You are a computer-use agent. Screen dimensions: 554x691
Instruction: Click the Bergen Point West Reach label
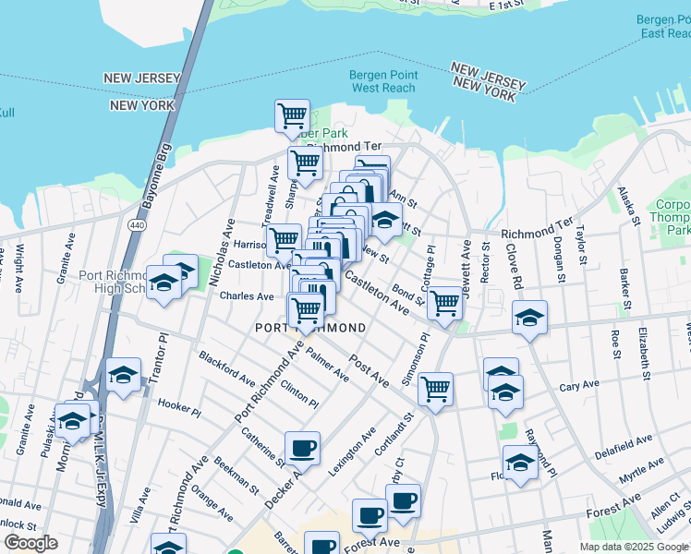tap(383, 81)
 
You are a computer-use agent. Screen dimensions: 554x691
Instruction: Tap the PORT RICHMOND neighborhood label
tap(310, 328)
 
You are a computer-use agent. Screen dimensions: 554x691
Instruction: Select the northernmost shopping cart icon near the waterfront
tap(292, 116)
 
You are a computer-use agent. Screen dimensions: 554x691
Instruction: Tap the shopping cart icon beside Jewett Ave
tap(444, 303)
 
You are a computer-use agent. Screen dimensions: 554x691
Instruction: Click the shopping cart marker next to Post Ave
tap(435, 389)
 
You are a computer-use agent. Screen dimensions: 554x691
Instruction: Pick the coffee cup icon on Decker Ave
tap(302, 449)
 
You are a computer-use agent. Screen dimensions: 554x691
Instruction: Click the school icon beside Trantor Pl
tap(123, 375)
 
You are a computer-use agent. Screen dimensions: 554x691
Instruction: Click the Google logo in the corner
tap(30, 543)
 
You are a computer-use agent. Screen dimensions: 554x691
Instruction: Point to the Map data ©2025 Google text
tap(633, 547)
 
